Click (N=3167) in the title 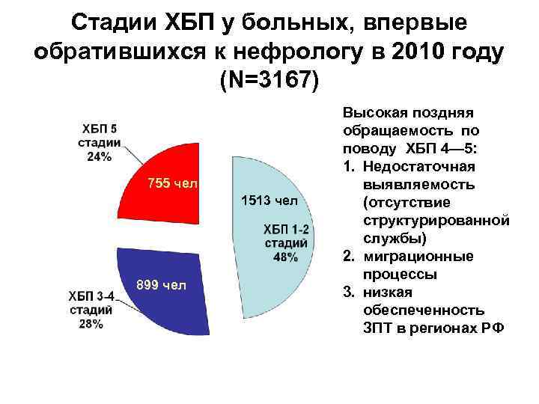point(269,79)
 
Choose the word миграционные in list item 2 point(417,256)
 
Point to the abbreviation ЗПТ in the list point(379,327)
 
